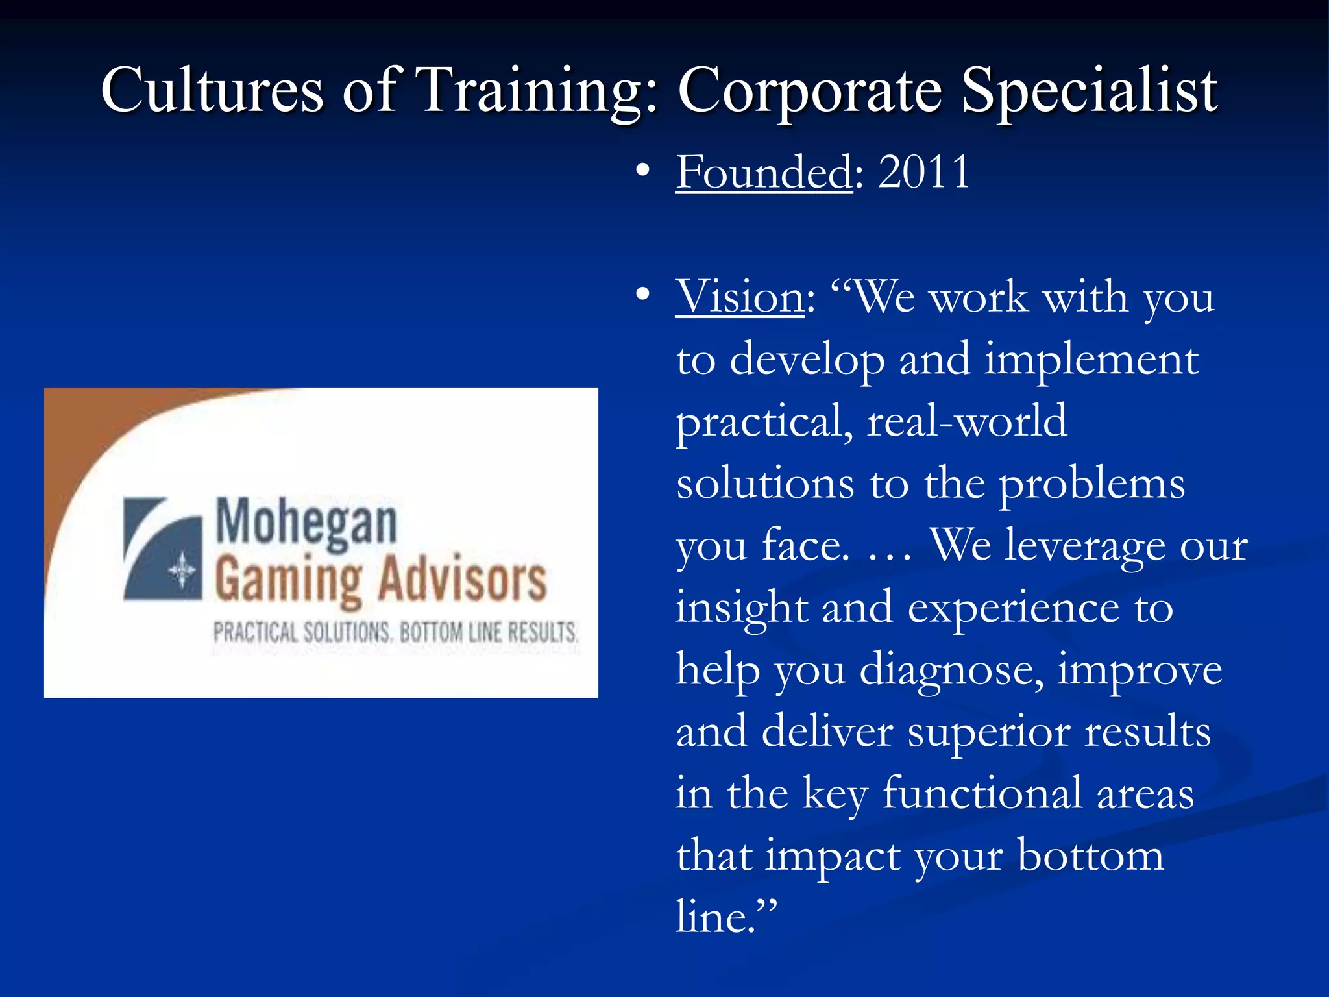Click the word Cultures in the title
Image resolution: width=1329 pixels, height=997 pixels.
click(x=212, y=91)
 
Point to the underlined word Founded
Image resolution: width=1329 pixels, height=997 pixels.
click(x=764, y=172)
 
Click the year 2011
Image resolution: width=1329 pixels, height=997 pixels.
click(x=924, y=172)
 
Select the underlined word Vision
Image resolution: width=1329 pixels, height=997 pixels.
click(x=740, y=297)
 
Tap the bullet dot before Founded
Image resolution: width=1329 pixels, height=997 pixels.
click(x=642, y=171)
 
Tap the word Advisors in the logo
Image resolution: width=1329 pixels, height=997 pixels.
click(x=462, y=580)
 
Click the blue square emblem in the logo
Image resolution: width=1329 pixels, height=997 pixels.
click(x=163, y=549)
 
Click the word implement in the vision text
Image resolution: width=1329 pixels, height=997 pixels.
click(x=1091, y=359)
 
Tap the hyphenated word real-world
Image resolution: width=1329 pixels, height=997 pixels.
click(x=967, y=421)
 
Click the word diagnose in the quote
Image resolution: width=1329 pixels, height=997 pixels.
click(x=952, y=670)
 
